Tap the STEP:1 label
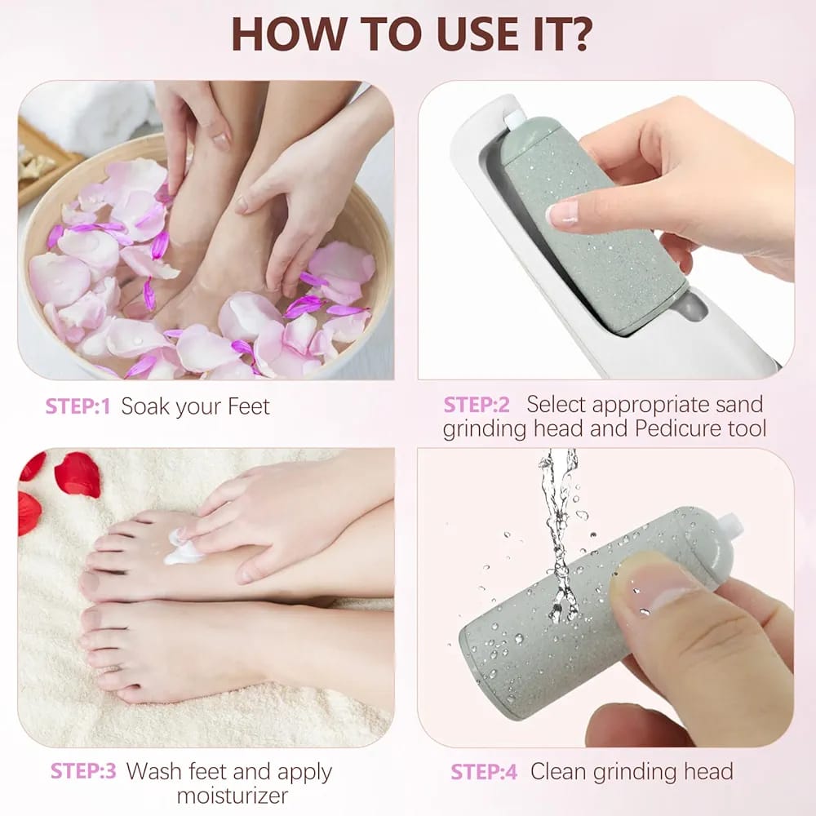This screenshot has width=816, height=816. [x=78, y=406]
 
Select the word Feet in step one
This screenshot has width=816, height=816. [x=243, y=406]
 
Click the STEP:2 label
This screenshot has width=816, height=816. [x=477, y=404]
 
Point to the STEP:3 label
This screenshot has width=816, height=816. [x=83, y=770]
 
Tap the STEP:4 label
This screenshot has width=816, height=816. [x=483, y=770]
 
